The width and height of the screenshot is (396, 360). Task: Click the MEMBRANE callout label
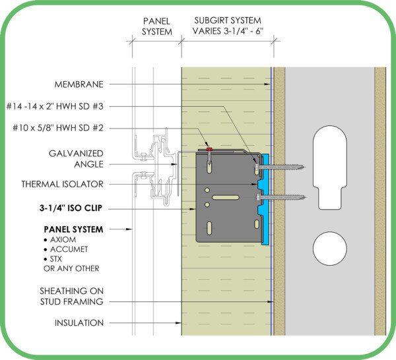tap(79, 84)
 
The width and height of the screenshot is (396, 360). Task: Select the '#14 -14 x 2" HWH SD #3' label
tap(55, 106)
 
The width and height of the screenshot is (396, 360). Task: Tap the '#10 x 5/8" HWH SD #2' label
tap(58, 128)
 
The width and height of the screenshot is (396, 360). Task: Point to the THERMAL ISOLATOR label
tap(63, 184)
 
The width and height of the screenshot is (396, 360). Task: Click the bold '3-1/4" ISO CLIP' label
tap(71, 208)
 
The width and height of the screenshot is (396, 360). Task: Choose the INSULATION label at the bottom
tap(79, 323)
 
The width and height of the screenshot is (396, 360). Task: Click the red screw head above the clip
tap(209, 150)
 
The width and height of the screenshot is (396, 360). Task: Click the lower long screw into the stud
tap(280, 197)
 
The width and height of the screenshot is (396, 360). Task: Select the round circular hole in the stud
tap(330, 249)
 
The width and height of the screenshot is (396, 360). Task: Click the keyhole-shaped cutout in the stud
tap(330, 167)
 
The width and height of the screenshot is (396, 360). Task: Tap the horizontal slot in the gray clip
tap(226, 197)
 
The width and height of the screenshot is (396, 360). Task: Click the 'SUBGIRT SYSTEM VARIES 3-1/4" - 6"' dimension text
tap(228, 26)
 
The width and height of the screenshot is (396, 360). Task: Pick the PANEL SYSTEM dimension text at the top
tap(156, 26)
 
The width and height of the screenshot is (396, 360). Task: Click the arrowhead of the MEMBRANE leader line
tap(267, 84)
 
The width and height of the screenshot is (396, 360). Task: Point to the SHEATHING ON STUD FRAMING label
tap(71, 297)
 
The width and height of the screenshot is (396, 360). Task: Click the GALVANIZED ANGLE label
tap(76, 159)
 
